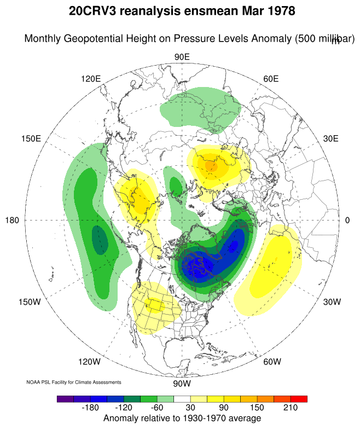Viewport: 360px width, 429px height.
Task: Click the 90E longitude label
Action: pyautogui.click(x=182, y=57)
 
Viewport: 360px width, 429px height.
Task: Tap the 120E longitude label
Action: pyautogui.click(x=91, y=78)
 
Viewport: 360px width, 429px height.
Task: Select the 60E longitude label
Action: pyautogui.click(x=271, y=78)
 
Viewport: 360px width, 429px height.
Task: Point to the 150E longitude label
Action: pyautogui.click(x=31, y=138)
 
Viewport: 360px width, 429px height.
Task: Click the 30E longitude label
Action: pyautogui.click(x=331, y=138)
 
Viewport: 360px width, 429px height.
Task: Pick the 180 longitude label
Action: pyautogui.click(x=13, y=220)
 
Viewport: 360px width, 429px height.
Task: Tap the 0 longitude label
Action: pyautogui.click(x=347, y=220)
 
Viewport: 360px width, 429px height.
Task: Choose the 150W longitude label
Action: pyautogui.click(x=30, y=302)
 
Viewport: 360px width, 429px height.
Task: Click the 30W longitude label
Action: pyautogui.click(x=332, y=302)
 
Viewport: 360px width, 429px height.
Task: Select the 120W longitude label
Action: pyautogui.click(x=89, y=362)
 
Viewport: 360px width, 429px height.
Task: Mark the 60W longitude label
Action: pyautogui.click(x=272, y=362)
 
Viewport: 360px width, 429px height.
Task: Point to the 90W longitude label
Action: pyautogui.click(x=181, y=383)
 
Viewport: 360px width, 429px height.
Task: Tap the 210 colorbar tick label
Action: pyautogui.click(x=290, y=408)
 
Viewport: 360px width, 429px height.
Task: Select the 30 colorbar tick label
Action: pyautogui.click(x=190, y=408)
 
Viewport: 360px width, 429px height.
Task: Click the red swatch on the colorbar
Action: pyautogui.click(x=299, y=399)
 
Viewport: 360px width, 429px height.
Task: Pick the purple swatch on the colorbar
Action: pyautogui.click(x=65, y=399)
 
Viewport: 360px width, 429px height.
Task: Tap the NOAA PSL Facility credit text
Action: pyautogui.click(x=73, y=382)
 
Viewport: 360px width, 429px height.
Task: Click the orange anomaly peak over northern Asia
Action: pyautogui.click(x=211, y=165)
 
